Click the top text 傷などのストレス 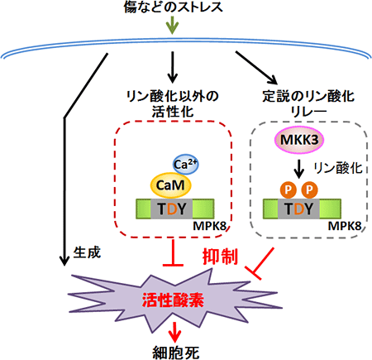click(x=171, y=8)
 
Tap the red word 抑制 click(x=220, y=259)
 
